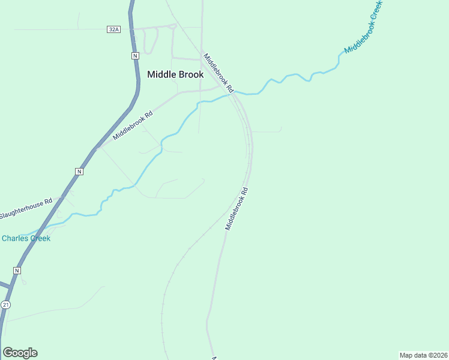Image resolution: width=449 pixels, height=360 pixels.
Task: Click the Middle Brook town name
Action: pos(175,74)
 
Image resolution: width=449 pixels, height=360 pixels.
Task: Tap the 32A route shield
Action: pos(113,29)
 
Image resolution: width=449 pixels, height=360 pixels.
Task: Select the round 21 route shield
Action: pos(5,305)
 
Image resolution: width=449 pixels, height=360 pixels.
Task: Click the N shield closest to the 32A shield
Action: pos(135,55)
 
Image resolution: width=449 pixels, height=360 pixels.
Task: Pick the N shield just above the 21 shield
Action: pos(17,271)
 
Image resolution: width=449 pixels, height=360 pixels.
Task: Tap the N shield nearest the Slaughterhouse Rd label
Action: pos(79,172)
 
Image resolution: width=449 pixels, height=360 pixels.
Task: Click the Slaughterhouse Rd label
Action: pos(26,208)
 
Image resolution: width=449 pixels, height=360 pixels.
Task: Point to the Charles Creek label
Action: pos(26,238)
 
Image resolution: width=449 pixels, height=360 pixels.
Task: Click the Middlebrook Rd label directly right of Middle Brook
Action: pos(217,71)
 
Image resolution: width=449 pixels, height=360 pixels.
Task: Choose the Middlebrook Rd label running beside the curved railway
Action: pos(237,209)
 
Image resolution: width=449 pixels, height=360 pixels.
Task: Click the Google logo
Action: pos(20,353)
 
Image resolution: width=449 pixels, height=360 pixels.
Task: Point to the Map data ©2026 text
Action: pos(423,355)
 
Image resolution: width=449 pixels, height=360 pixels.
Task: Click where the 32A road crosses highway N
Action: pos(132,29)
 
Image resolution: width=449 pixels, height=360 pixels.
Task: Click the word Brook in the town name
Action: pos(191,74)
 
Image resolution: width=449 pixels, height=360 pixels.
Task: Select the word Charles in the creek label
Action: pos(14,238)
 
